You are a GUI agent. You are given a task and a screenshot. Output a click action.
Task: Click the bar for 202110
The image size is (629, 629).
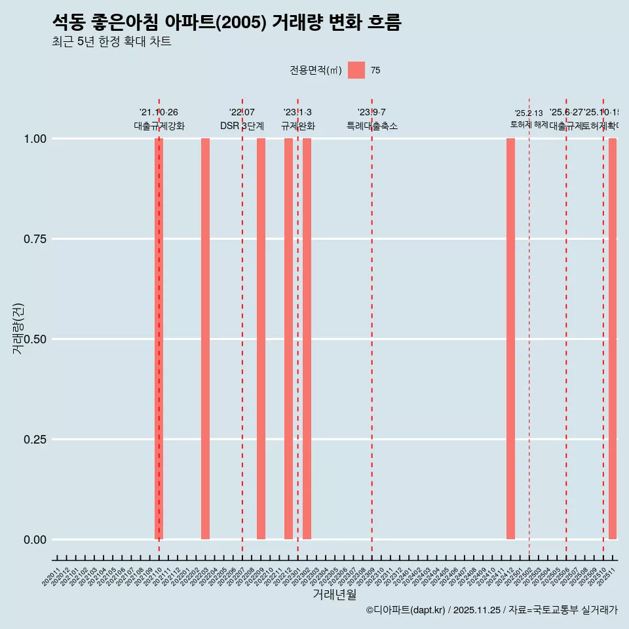[159, 339]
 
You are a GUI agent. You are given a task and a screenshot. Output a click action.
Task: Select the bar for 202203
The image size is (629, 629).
[205, 339]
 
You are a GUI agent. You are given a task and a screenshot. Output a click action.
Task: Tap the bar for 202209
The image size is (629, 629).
[261, 339]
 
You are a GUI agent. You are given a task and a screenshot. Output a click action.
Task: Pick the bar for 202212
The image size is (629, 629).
[288, 339]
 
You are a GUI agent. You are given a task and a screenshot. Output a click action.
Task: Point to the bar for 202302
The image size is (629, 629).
[307, 339]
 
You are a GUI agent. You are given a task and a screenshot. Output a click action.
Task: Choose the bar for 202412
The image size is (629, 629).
[510, 339]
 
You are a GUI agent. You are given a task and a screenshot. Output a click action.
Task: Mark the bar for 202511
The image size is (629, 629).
[613, 339]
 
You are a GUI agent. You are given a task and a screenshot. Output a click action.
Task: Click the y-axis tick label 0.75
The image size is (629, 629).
[34, 239]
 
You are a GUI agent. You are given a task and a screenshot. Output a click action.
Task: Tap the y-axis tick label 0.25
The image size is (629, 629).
[34, 440]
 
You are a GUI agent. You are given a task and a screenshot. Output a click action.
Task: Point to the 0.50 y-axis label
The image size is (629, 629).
[34, 339]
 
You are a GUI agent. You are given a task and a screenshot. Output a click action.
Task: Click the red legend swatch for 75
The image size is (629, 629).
[356, 70]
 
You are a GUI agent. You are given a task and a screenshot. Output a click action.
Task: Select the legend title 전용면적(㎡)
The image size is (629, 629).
[315, 71]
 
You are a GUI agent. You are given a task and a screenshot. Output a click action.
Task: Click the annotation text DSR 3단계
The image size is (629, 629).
[242, 126]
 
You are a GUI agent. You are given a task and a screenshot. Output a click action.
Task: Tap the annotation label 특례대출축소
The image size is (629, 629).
[372, 126]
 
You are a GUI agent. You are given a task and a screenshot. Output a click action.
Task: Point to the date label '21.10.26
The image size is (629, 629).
[159, 113]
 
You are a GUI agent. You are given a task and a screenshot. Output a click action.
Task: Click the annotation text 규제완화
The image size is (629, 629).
[298, 126]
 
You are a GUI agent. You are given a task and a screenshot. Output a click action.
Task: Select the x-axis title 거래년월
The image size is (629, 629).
[334, 595]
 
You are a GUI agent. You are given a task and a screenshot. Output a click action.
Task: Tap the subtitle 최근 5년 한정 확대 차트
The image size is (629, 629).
[111, 42]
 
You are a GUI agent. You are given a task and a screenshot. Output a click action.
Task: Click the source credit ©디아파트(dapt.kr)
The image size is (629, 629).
[406, 610]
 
